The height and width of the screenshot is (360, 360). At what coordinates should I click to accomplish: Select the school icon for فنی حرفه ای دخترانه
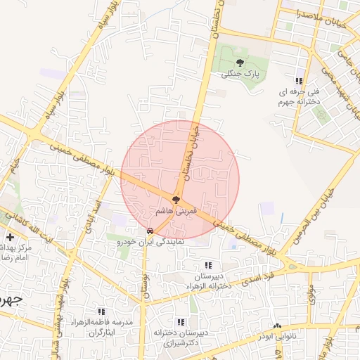[300, 82]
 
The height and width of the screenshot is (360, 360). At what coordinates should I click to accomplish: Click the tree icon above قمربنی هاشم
[176, 200]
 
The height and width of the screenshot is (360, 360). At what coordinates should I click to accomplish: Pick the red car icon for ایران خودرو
[150, 230]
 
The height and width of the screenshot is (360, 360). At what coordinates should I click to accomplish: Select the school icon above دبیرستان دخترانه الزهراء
[207, 265]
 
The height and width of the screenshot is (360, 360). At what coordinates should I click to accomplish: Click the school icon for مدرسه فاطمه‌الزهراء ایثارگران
[102, 311]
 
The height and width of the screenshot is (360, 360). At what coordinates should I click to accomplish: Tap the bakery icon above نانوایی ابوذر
[277, 326]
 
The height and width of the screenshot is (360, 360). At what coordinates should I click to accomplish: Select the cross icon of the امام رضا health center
[10, 237]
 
